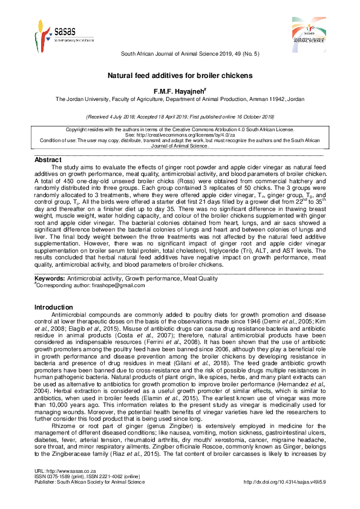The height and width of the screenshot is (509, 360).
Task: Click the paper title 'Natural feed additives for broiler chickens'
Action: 180,76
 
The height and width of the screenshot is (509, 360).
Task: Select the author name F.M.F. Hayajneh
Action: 180,90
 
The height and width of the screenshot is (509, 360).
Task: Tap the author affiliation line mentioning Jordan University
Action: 180,99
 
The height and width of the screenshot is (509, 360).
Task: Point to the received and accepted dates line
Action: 180,116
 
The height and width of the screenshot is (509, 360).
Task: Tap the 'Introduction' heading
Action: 53,308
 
